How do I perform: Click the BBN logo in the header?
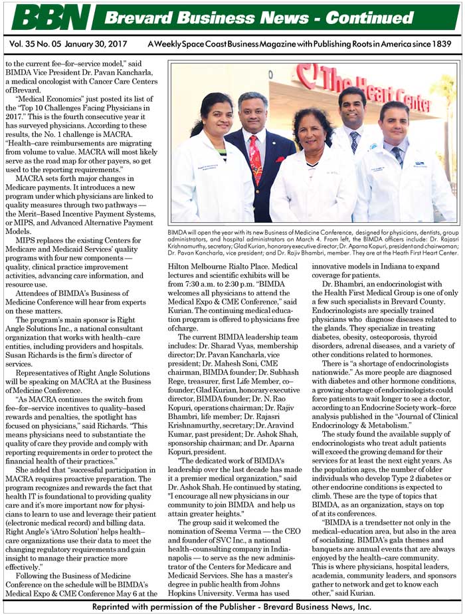(50, 17)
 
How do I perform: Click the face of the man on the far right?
(394, 122)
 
